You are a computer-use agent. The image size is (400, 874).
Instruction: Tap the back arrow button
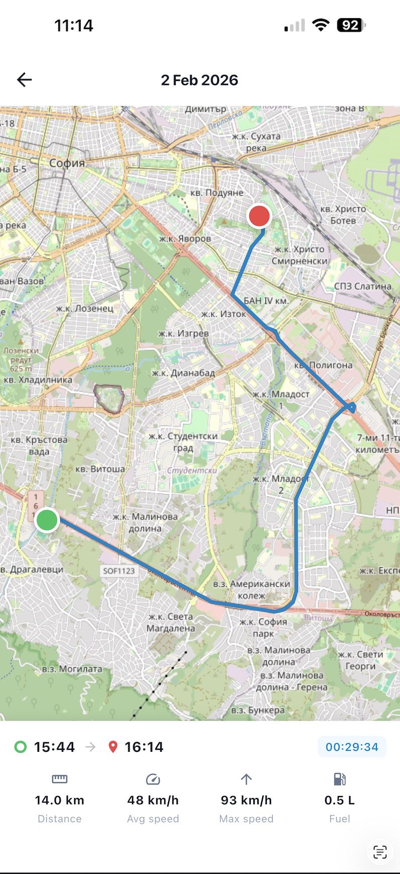24,79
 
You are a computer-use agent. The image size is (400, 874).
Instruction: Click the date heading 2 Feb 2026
199,80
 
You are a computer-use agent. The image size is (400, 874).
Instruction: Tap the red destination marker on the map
259,216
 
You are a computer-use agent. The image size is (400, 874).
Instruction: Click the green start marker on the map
47,520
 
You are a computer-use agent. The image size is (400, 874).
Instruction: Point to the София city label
67,163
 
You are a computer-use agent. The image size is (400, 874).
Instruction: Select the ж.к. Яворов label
185,238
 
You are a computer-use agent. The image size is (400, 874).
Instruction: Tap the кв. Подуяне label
217,193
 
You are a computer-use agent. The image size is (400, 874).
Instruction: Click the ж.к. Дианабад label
183,373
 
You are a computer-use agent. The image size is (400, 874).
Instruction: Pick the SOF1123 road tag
119,571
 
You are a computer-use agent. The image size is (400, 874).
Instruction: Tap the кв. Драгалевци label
32,569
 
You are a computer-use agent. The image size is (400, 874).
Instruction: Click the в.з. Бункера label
258,710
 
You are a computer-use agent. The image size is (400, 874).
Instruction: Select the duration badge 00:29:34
352,747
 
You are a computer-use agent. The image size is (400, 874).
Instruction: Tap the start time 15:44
54,747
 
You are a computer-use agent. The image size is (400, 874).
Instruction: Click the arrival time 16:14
144,747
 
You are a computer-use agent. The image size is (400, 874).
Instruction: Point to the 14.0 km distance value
59,800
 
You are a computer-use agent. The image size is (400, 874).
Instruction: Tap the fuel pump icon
340,779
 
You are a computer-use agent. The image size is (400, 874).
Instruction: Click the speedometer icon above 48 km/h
153,779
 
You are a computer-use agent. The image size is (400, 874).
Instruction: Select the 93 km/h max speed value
246,800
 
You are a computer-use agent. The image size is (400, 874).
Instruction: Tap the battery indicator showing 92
351,25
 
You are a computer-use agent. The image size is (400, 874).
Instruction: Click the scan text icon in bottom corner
380,852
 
